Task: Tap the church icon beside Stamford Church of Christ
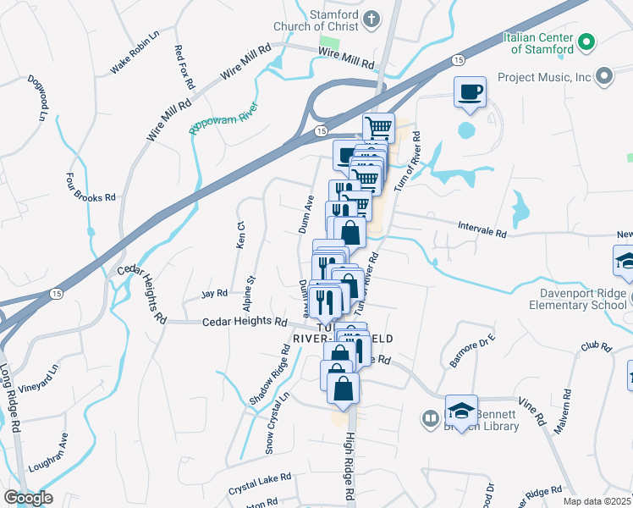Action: tap(372, 19)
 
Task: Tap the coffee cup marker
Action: tap(470, 92)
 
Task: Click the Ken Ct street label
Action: tap(240, 235)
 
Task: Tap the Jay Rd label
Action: tap(215, 294)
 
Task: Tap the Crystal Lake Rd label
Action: tap(260, 484)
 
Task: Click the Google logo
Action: tap(28, 498)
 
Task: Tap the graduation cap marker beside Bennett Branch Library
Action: tap(461, 411)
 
